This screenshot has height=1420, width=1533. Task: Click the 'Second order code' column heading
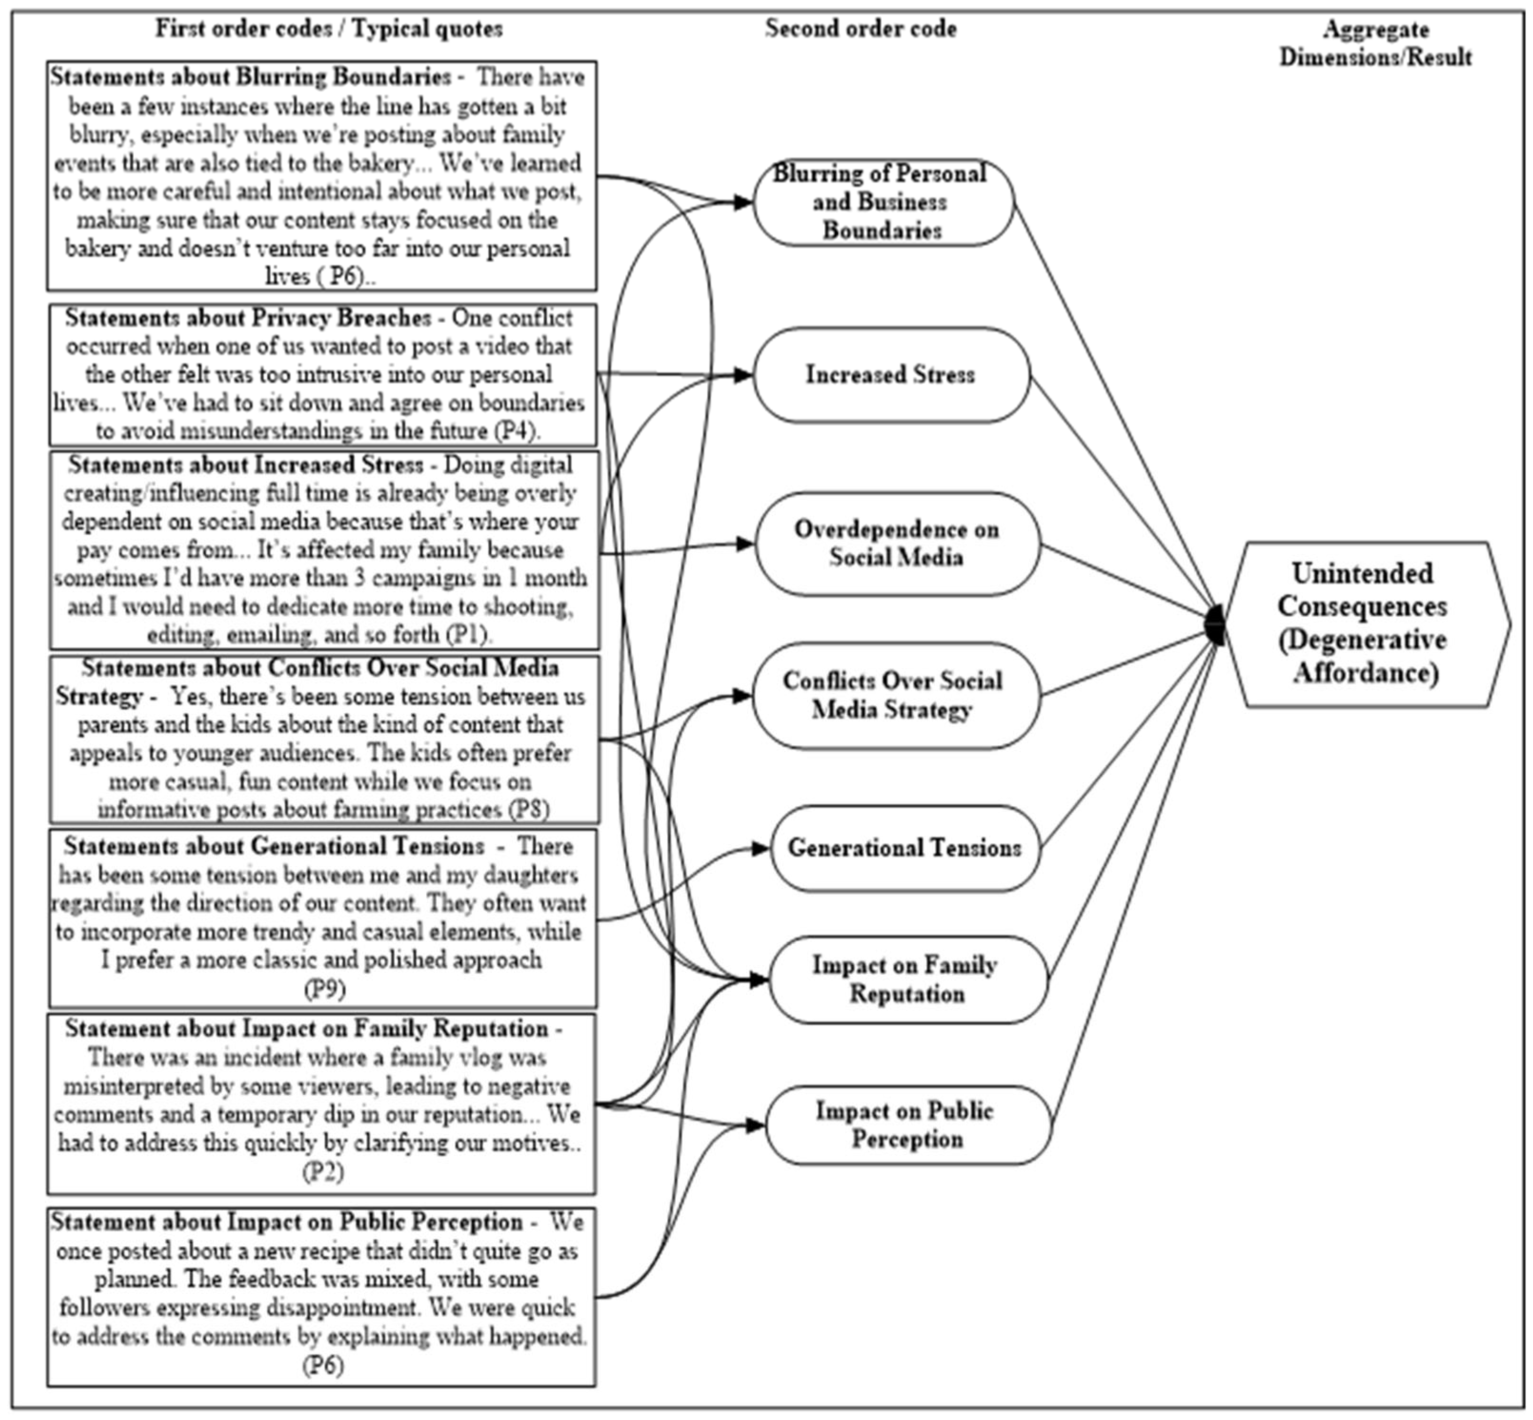click(x=860, y=29)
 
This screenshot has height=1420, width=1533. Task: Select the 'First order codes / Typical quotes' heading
click(x=329, y=29)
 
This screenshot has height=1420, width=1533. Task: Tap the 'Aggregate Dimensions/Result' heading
click(x=1375, y=43)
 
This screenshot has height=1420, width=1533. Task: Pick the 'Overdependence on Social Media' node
click(x=897, y=543)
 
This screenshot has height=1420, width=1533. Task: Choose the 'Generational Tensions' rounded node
click(x=904, y=848)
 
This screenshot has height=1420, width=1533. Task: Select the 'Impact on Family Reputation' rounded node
click(x=907, y=979)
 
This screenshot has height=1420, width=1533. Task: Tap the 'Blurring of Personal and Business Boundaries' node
click(x=882, y=202)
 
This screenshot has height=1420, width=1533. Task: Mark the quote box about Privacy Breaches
click(x=323, y=374)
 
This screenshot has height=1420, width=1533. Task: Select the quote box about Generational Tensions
click(x=323, y=918)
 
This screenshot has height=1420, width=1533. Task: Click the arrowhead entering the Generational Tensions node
click(x=760, y=848)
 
